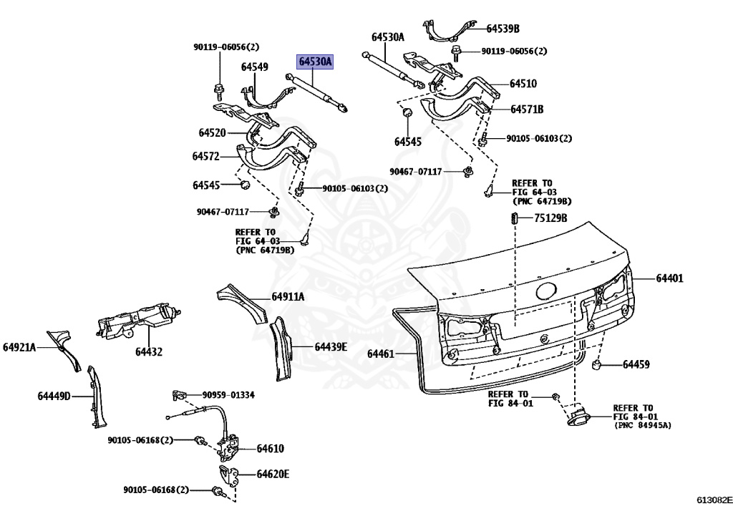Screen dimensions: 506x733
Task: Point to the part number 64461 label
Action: (x=381, y=354)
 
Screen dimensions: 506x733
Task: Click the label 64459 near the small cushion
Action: (x=636, y=365)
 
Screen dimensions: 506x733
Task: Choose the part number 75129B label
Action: (x=550, y=218)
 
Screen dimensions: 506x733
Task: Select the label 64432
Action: (x=149, y=351)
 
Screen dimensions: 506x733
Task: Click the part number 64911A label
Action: (x=288, y=297)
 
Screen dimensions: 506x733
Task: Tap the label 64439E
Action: (x=331, y=346)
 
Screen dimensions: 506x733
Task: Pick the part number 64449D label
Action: (x=54, y=395)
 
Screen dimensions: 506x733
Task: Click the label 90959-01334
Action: (x=228, y=394)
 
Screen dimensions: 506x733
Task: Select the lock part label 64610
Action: (x=270, y=449)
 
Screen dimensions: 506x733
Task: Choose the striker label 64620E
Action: (x=273, y=474)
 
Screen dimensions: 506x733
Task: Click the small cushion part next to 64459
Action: (x=595, y=366)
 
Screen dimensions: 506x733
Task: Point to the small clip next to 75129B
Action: (x=513, y=218)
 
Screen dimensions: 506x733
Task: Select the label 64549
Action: (x=254, y=67)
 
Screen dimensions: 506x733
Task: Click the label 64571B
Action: (x=527, y=110)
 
